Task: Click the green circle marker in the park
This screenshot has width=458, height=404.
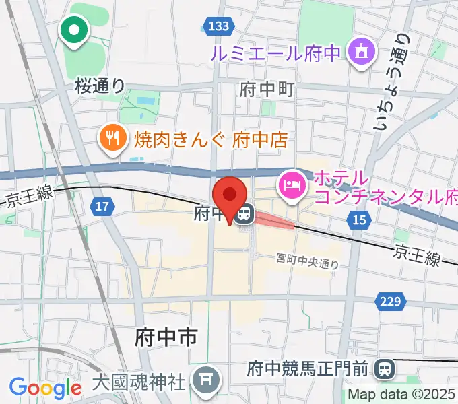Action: click(74, 30)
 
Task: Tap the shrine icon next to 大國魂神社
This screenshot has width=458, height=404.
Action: click(203, 382)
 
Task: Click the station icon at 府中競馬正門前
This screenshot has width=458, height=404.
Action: click(385, 368)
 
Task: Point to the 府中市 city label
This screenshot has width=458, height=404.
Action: click(165, 335)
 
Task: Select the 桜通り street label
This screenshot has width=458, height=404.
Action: click(100, 86)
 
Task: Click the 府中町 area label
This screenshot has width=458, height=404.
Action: click(267, 88)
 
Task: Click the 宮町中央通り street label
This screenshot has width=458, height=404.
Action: click(308, 261)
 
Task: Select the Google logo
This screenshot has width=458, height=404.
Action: click(45, 388)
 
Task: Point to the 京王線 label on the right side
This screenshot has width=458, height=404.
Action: click(418, 255)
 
